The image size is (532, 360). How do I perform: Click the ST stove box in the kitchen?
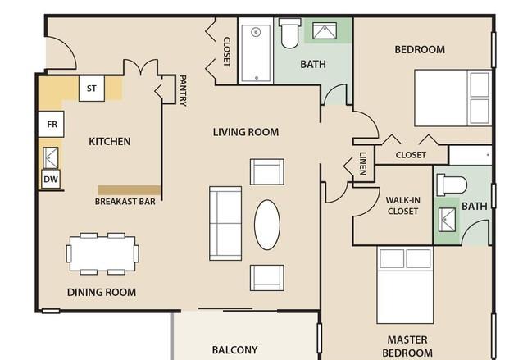(92, 89)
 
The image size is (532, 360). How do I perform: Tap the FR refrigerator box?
(51, 124)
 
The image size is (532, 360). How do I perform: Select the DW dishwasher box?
(51, 179)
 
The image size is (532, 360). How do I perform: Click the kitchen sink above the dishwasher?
(51, 157)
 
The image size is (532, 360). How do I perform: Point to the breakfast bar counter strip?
(130, 190)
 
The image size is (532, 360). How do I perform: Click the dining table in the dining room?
(102, 253)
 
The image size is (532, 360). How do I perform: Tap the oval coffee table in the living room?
(267, 225)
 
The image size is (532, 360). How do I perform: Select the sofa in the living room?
(225, 223)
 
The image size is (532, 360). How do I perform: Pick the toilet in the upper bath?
(289, 33)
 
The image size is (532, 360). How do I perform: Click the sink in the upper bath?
(325, 31)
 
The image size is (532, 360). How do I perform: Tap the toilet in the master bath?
(452, 185)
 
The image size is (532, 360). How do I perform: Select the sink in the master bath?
(447, 220)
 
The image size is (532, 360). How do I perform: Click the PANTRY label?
(183, 90)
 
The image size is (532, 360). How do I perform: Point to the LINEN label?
(363, 163)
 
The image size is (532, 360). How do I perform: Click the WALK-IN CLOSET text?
(402, 206)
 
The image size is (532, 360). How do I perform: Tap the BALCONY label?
(234, 350)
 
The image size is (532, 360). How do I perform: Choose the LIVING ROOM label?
(246, 132)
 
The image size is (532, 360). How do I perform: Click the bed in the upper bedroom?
(453, 98)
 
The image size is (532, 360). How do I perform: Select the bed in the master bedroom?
(405, 285)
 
